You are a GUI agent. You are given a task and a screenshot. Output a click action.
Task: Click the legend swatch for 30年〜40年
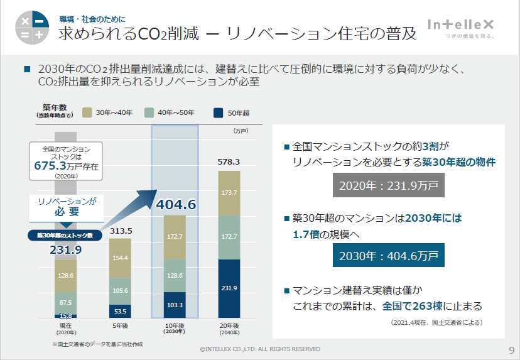(87, 113)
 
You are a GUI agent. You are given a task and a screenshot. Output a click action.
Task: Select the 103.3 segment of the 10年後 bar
(175, 305)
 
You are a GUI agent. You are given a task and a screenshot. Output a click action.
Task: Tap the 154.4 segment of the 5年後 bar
(120, 258)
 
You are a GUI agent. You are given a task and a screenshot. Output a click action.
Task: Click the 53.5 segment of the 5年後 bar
(120, 311)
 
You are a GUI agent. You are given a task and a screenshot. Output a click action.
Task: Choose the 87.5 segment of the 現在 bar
(66, 302)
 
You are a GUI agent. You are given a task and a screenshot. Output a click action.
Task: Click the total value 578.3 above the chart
(229, 162)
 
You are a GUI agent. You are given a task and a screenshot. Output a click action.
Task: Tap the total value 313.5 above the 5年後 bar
(121, 231)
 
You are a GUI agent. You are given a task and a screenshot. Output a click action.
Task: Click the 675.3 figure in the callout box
(52, 166)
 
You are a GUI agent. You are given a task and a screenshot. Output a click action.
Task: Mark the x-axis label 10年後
(175, 326)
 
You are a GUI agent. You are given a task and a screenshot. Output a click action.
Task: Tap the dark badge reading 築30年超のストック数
(65, 236)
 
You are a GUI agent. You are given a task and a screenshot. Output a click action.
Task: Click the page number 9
(511, 349)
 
